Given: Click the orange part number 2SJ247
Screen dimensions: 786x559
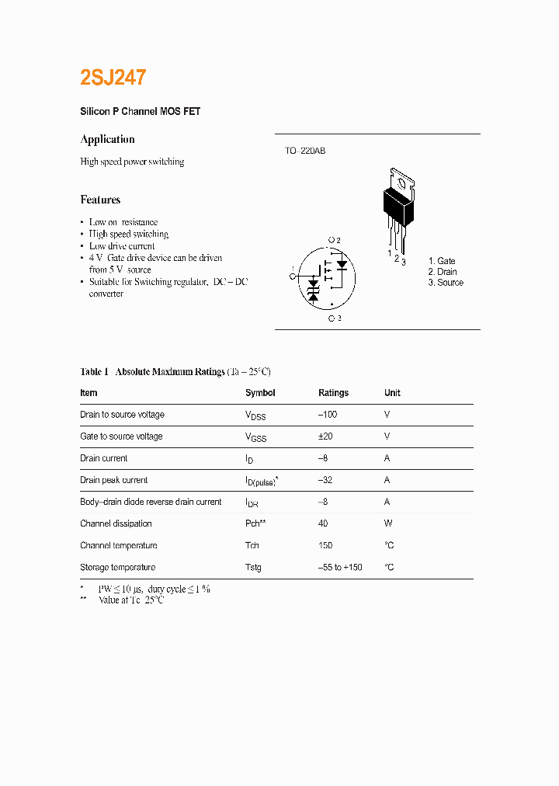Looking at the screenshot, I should pyautogui.click(x=113, y=77).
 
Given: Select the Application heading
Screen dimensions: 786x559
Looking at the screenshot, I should pyautogui.click(x=107, y=139).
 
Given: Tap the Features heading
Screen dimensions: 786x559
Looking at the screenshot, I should pyautogui.click(x=100, y=200).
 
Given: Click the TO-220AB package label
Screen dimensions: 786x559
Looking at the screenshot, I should pyautogui.click(x=304, y=151).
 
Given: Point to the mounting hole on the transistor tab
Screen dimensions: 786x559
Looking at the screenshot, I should pyautogui.click(x=401, y=183).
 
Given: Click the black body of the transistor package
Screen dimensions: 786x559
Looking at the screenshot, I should pyautogui.click(x=398, y=205).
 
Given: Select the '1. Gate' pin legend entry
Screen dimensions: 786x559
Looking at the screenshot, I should pyautogui.click(x=442, y=261).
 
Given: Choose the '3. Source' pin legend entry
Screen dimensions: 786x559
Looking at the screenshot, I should pyautogui.click(x=446, y=283).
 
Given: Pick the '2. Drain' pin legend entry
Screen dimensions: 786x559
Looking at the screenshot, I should pyautogui.click(x=443, y=272).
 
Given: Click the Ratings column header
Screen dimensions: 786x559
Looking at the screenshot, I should pyautogui.click(x=333, y=393).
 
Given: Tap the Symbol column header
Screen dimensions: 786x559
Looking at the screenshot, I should pyautogui.click(x=260, y=393).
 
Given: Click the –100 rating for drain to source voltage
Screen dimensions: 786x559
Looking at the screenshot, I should pyautogui.click(x=328, y=415).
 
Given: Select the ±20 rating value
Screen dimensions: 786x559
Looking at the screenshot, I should pyautogui.click(x=326, y=436).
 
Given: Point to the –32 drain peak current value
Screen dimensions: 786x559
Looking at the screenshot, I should pyautogui.click(x=325, y=480).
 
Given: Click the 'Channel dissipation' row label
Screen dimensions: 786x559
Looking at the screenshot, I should pyautogui.click(x=116, y=523).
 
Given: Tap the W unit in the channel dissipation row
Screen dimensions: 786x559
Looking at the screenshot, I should pyautogui.click(x=387, y=523).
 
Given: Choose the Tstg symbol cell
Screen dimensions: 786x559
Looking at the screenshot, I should pyautogui.click(x=253, y=567).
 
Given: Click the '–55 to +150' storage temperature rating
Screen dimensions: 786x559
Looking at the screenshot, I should pyautogui.click(x=340, y=567).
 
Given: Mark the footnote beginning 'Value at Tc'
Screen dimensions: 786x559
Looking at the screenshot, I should pyautogui.click(x=131, y=600).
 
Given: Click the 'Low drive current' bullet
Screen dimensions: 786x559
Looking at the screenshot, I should pyautogui.click(x=122, y=246).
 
